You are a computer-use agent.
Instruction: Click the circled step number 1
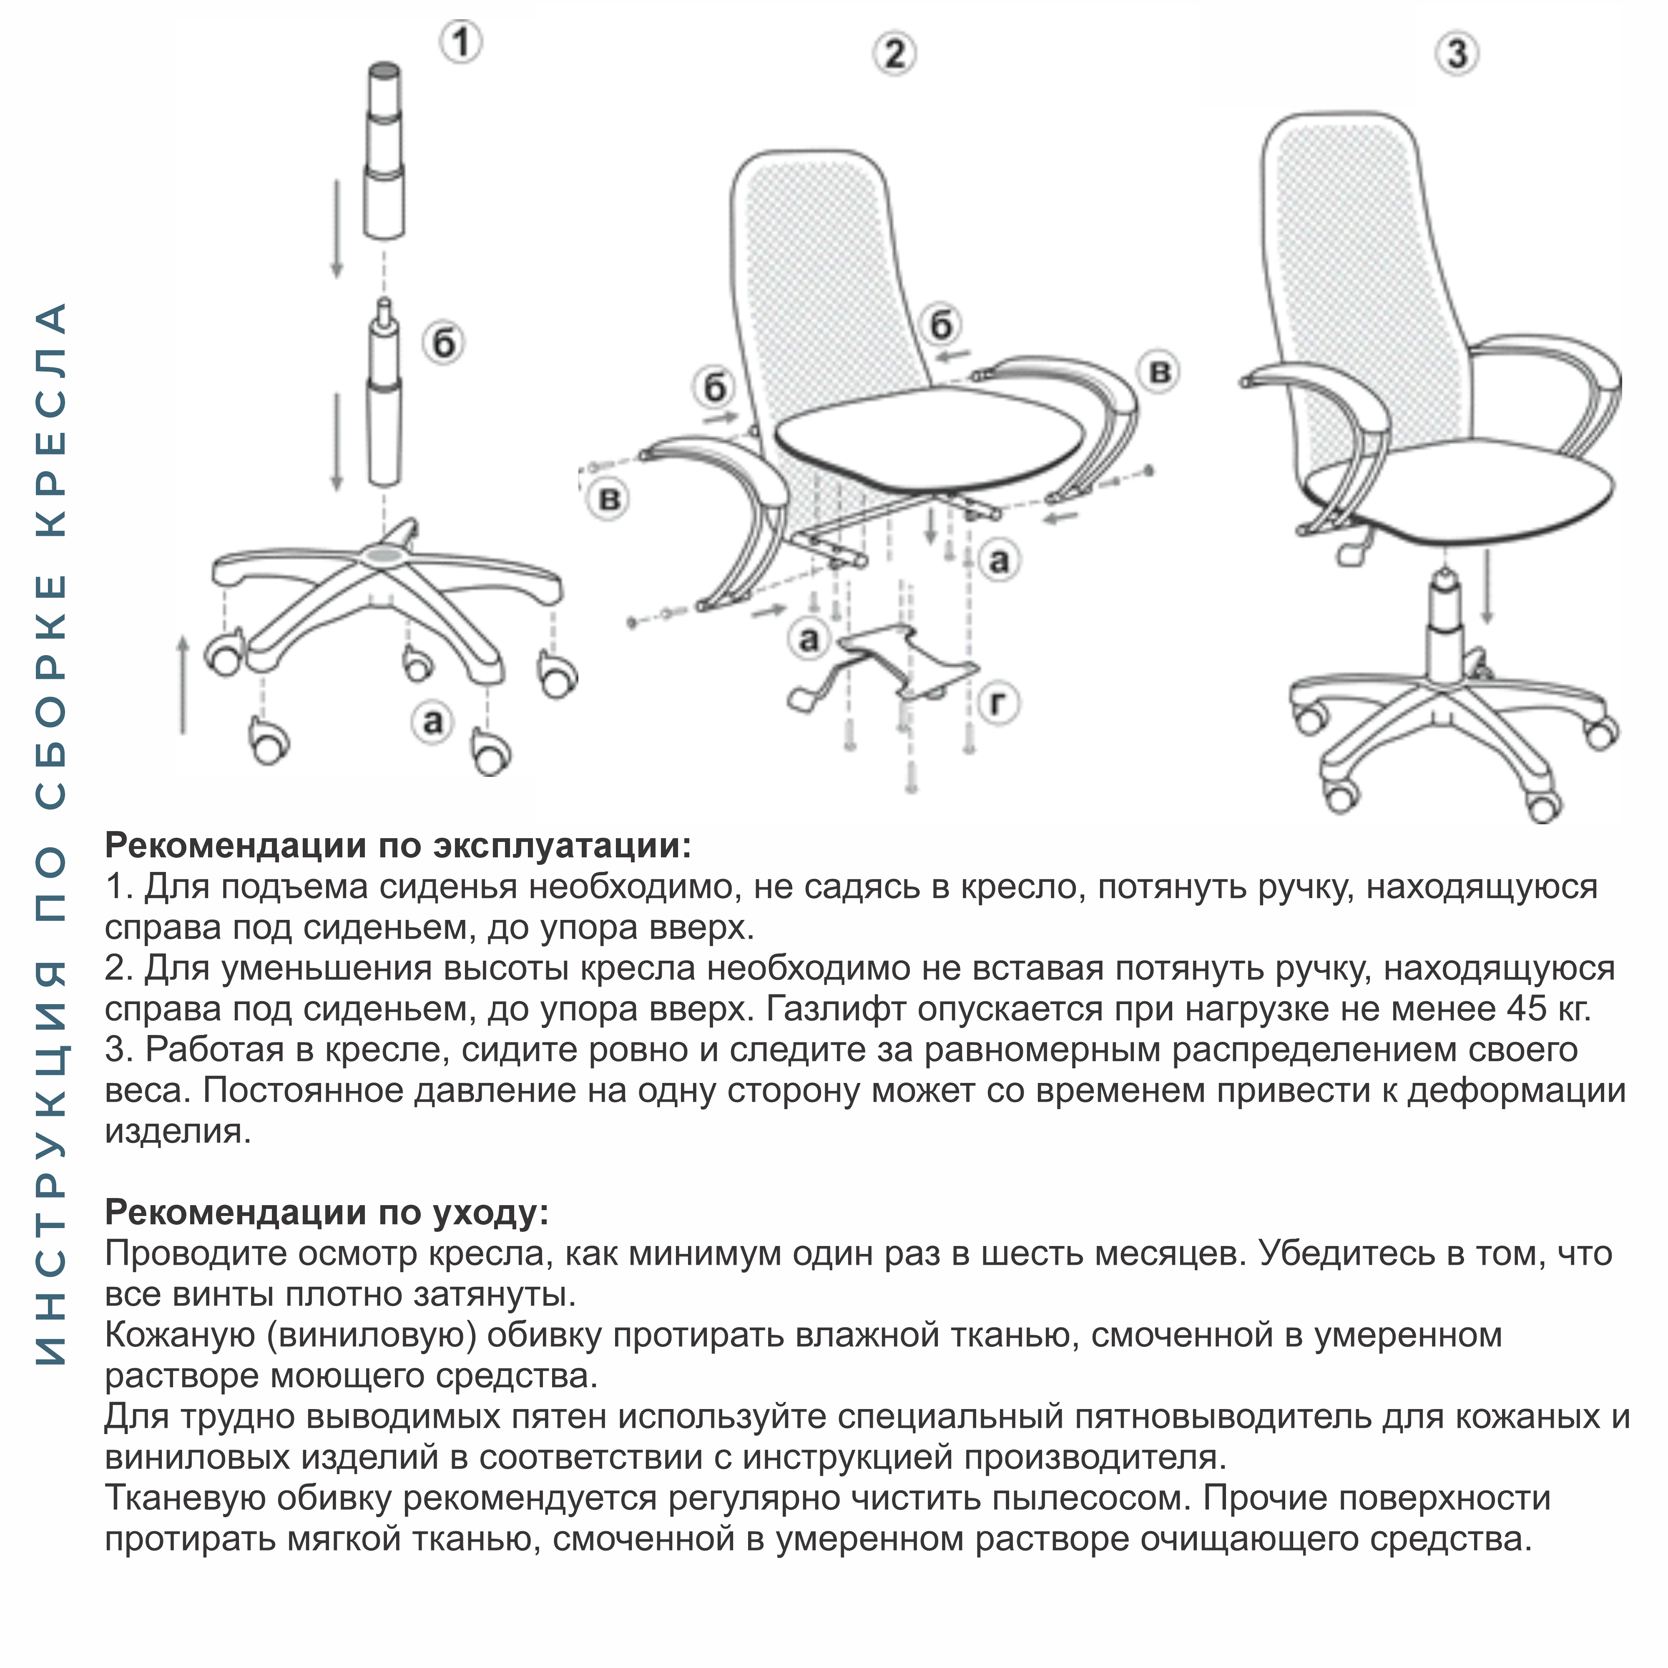point(461,41)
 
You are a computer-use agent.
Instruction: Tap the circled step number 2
point(894,53)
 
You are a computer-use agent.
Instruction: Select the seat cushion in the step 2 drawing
point(928,440)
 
